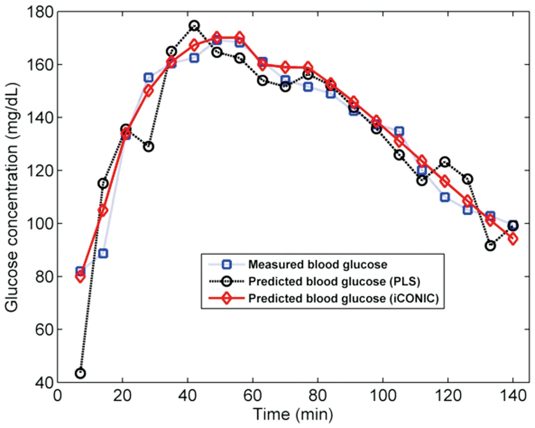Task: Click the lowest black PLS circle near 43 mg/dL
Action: pyautogui.click(x=80, y=373)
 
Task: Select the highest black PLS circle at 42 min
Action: pyautogui.click(x=194, y=26)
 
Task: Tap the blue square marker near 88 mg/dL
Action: pyautogui.click(x=103, y=253)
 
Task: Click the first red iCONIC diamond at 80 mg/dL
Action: pyautogui.click(x=80, y=276)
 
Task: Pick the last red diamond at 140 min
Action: pyautogui.click(x=513, y=239)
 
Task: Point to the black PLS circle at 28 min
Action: pyautogui.click(x=149, y=147)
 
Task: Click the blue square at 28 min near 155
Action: pyautogui.click(x=149, y=77)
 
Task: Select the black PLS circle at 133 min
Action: pyautogui.click(x=490, y=246)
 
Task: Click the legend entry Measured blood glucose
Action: pyautogui.click(x=317, y=265)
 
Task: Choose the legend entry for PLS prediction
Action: pyautogui.click(x=334, y=281)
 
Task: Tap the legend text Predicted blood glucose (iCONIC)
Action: pyautogui.click(x=343, y=299)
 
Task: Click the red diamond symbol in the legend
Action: pyautogui.click(x=227, y=299)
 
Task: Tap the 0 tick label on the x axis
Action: pyautogui.click(x=58, y=396)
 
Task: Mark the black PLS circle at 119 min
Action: pyautogui.click(x=445, y=162)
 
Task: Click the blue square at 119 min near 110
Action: pyautogui.click(x=445, y=197)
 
